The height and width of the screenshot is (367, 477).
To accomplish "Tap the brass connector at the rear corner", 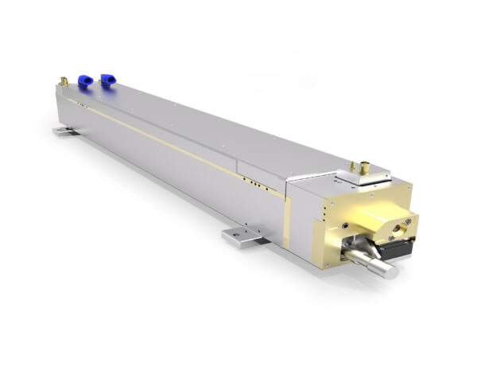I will pyautogui.click(x=63, y=82).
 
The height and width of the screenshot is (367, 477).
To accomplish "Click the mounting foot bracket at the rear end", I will pyautogui.click(x=62, y=128).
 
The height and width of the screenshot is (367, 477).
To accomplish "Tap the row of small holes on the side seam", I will pyautogui.click(x=254, y=182).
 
